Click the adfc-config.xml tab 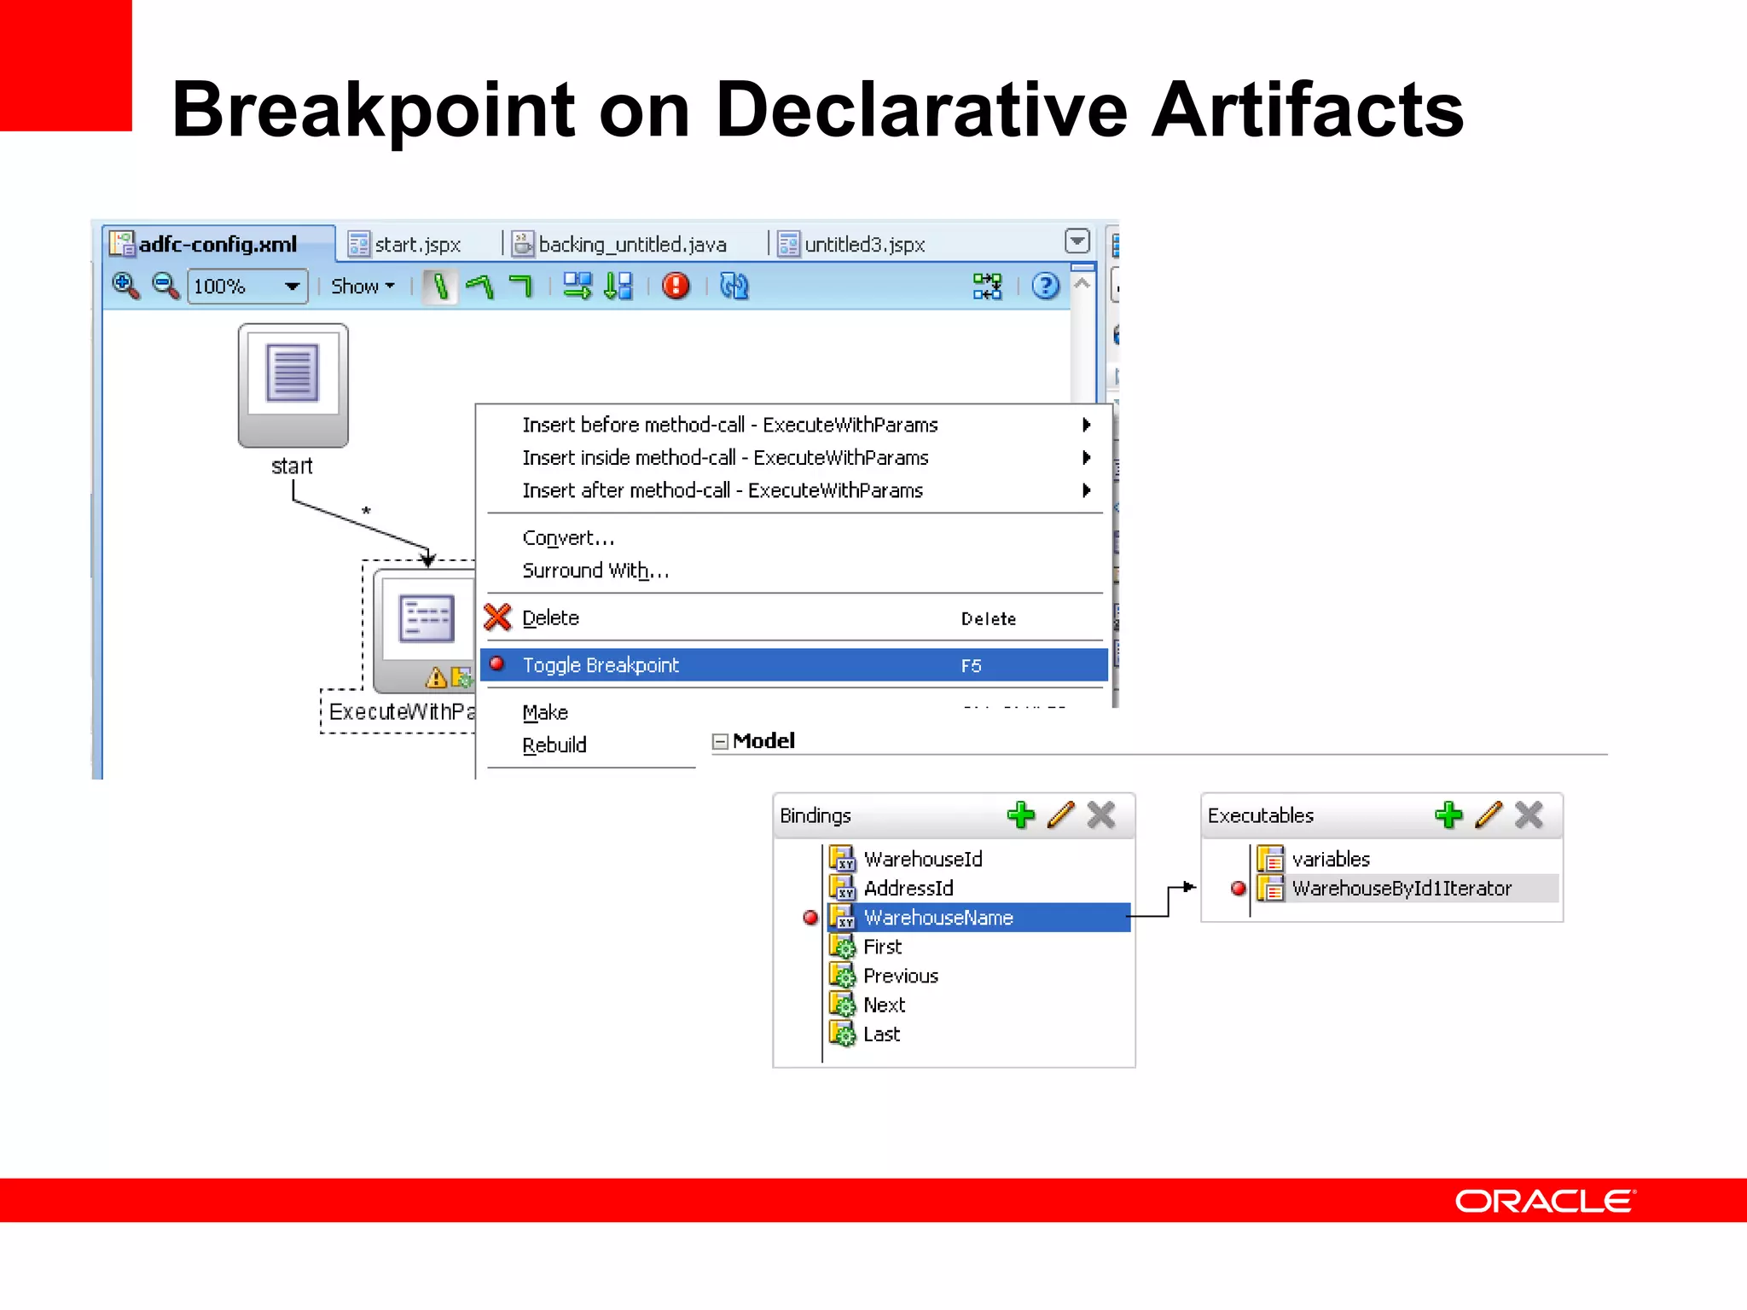click(x=218, y=245)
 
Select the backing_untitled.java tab click(x=631, y=245)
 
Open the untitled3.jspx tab click(x=863, y=245)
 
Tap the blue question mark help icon click(x=1045, y=287)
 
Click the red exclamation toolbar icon click(x=676, y=286)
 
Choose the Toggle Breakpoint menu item click(x=601, y=665)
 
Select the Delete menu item click(x=550, y=618)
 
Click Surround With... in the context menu click(x=595, y=571)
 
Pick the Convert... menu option click(x=568, y=538)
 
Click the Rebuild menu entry click(x=554, y=745)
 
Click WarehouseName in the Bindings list click(x=938, y=918)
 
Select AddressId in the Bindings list click(x=908, y=889)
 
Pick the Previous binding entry click(x=901, y=976)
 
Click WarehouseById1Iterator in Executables click(x=1402, y=889)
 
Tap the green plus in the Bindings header click(x=1020, y=815)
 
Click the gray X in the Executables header click(x=1529, y=815)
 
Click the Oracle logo click(x=1545, y=1201)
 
